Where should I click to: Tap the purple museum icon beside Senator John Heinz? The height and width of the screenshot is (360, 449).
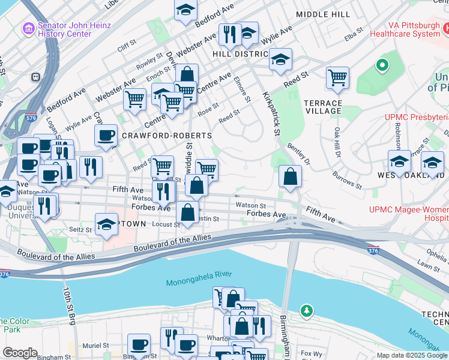click(x=28, y=28)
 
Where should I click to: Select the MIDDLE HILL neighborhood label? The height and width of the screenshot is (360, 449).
click(x=323, y=13)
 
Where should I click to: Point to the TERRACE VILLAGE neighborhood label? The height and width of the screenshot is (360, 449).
click(x=322, y=107)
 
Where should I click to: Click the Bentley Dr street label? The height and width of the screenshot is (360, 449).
click(x=298, y=153)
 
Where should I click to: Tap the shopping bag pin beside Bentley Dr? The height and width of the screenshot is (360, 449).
click(x=290, y=176)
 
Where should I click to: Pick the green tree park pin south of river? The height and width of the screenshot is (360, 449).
click(x=307, y=310)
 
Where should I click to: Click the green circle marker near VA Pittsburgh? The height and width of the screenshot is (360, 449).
click(x=381, y=65)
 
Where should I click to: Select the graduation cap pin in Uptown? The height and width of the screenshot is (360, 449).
click(x=106, y=224)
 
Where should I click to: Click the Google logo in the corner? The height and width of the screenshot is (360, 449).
click(x=20, y=353)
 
